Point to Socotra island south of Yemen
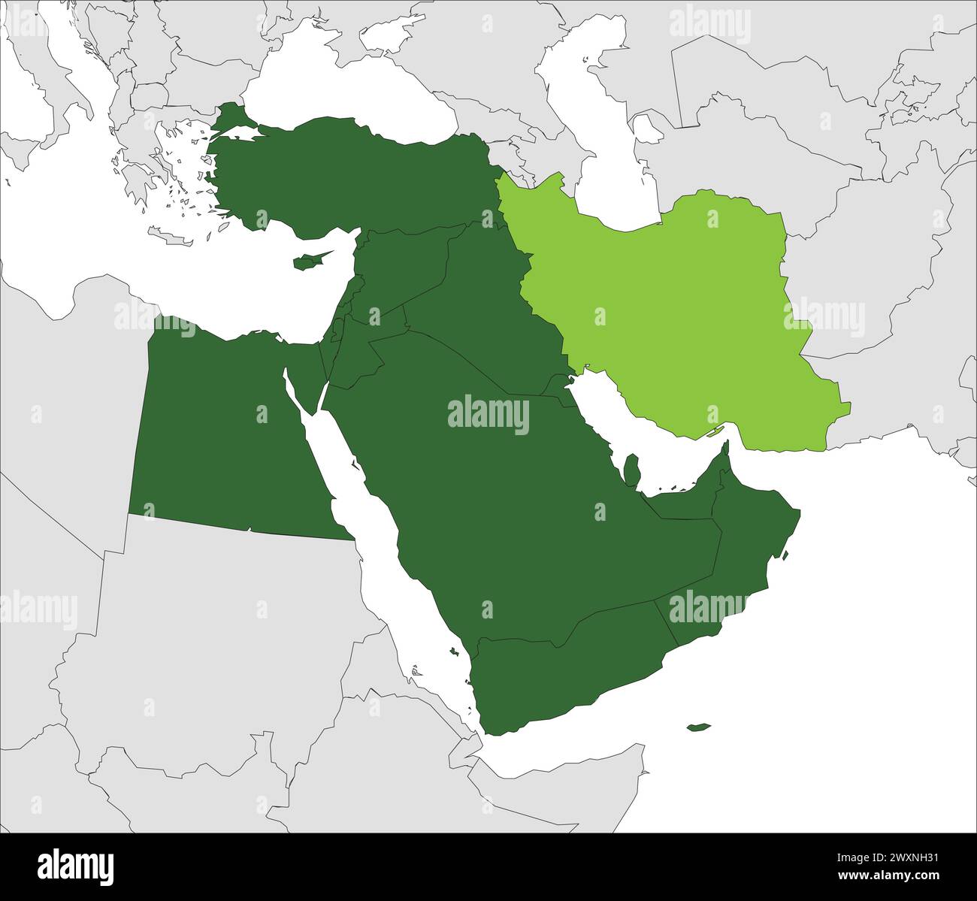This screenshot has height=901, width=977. point(698,727)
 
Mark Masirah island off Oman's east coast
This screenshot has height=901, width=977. point(785,557)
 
